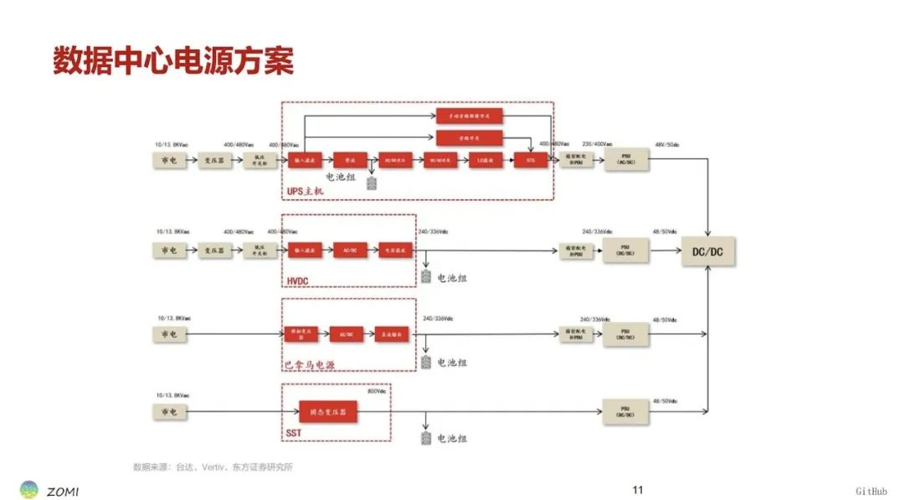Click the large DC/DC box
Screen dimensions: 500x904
[x=708, y=252]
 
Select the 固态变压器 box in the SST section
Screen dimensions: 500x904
[x=327, y=412]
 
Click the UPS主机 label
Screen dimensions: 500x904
[x=305, y=193]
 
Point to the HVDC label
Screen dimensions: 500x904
[x=297, y=281]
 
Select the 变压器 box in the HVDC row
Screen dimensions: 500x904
[x=213, y=250]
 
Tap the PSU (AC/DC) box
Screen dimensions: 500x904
[x=625, y=160]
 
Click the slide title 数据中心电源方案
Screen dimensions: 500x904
[x=173, y=62]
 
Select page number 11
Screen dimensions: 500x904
[x=638, y=490]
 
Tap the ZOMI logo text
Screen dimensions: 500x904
[x=63, y=491]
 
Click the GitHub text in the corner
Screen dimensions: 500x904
[x=871, y=491]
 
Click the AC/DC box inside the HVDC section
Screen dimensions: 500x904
[x=350, y=250]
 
